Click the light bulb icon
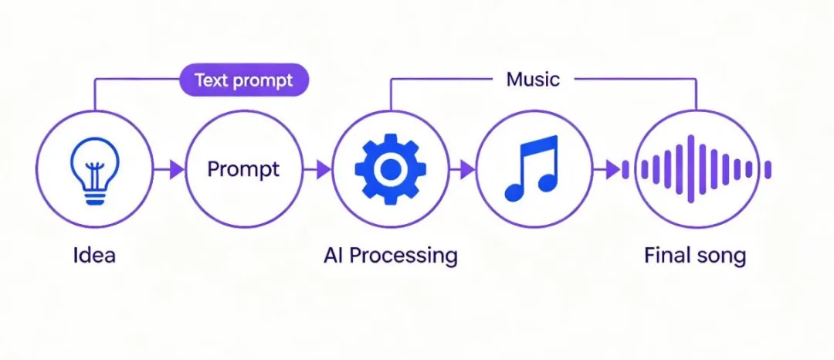95,170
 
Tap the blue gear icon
390,168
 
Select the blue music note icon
531,169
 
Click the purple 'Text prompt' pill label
243,80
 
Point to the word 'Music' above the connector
533,80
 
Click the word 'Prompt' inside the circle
243,170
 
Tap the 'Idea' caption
94,255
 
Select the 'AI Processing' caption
391,256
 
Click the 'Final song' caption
695,256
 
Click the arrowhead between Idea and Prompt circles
177,170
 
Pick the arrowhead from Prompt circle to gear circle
324,170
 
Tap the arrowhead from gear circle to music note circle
467,170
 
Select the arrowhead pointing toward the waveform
613,170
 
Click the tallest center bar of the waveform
691,169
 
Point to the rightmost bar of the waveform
768,170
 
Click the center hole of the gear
390,168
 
